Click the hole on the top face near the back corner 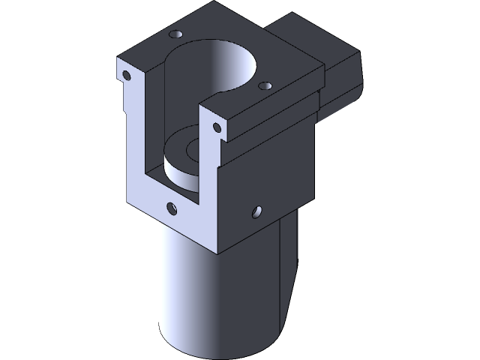click(x=178, y=34)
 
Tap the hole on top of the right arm click(x=264, y=87)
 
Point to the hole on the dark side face click(x=257, y=212)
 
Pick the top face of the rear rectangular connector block click(x=315, y=41)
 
